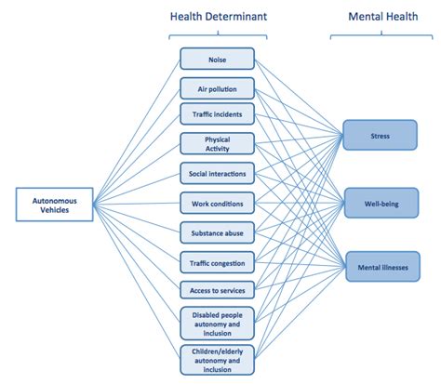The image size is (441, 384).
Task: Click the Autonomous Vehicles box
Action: click(55, 205)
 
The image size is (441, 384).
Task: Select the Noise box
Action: click(216, 60)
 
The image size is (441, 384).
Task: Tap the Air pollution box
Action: click(216, 89)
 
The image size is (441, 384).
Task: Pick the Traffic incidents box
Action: click(216, 115)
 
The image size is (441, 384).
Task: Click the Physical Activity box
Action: click(216, 144)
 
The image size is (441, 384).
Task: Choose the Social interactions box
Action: click(216, 174)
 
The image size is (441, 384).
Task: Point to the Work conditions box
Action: click(216, 203)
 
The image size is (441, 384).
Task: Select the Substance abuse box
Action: click(216, 232)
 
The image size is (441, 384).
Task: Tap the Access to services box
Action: click(216, 291)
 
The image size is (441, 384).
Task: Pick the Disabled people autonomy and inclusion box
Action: click(216, 323)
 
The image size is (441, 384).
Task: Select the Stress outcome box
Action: click(380, 136)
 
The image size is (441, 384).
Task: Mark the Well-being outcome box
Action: click(380, 202)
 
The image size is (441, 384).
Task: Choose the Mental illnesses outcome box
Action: click(380, 267)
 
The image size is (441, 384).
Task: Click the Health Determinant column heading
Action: click(216, 15)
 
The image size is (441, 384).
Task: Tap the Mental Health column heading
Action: click(380, 15)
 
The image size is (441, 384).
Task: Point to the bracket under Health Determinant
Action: click(216, 36)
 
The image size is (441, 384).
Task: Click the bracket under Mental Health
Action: click(380, 36)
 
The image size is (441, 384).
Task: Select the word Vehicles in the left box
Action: click(55, 210)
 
